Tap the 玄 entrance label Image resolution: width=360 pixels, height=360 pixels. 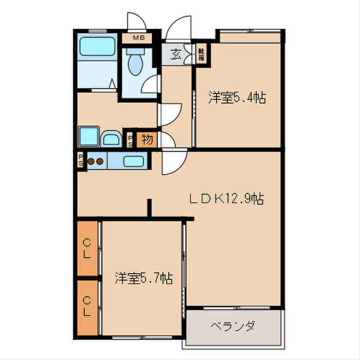pyautogui.click(x=176, y=53)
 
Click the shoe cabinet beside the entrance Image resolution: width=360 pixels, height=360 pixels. pyautogui.click(x=202, y=54)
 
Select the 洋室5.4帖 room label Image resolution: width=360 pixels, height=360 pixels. pyautogui.click(x=237, y=98)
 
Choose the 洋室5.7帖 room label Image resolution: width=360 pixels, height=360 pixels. pyautogui.click(x=143, y=278)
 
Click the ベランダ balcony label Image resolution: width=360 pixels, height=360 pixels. pyautogui.click(x=233, y=326)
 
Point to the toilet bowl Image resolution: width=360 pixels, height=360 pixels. pyautogui.click(x=135, y=65)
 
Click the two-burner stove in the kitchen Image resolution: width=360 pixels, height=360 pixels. pyautogui.click(x=95, y=161)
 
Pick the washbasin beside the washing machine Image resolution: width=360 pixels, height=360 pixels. pyautogui.click(x=111, y=138)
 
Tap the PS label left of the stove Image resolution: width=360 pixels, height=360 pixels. pyautogui.click(x=81, y=160)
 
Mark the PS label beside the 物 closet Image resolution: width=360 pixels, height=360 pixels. pyautogui.click(x=130, y=140)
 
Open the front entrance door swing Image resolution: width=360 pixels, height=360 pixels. pyautogui.click(x=178, y=28)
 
